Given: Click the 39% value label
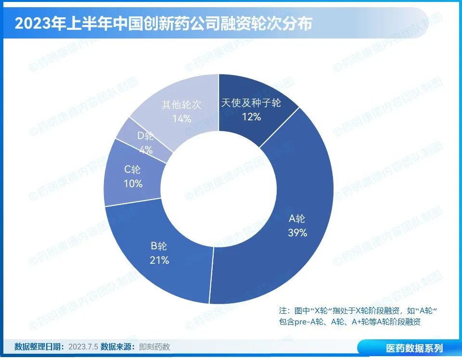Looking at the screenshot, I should pyautogui.click(x=297, y=233).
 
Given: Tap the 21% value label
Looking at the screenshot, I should pyautogui.click(x=159, y=260).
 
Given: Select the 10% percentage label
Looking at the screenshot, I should pyautogui.click(x=133, y=183).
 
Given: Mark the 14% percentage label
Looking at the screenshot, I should pyautogui.click(x=181, y=118).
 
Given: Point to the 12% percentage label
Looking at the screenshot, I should pyautogui.click(x=251, y=116).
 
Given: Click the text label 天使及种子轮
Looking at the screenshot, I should pyautogui.click(x=251, y=103).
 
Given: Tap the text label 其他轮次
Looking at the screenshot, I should pyautogui.click(x=181, y=104).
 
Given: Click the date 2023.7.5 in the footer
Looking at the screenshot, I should pyautogui.click(x=83, y=347).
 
